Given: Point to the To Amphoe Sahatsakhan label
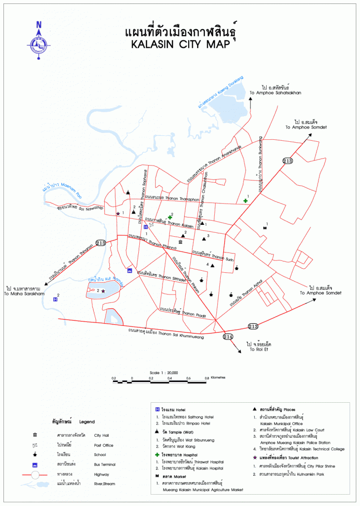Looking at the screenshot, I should coord(275,92).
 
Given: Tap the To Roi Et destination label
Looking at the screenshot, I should coord(258,349).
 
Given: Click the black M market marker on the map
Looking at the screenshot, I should coord(264,228).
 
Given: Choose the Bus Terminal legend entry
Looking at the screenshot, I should coord(104,464).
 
